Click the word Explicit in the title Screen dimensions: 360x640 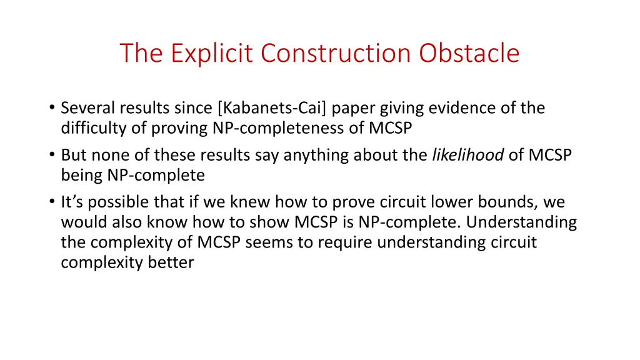coord(212,53)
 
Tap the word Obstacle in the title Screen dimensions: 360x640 coord(469,53)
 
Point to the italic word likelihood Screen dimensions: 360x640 coord(468,154)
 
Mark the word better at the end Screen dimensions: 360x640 coord(171,263)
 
